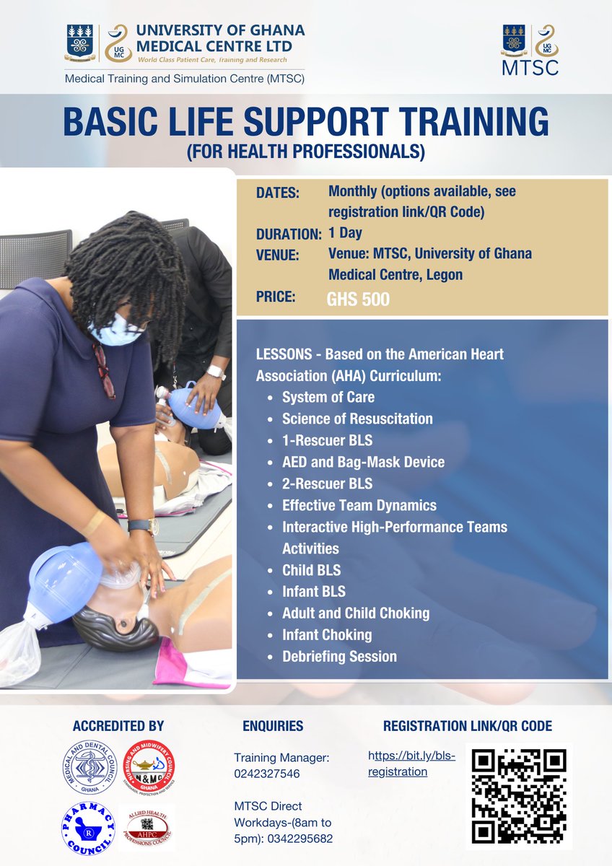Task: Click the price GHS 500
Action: [x=358, y=299]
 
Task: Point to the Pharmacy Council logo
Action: [x=88, y=827]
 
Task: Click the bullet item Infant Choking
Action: [x=327, y=635]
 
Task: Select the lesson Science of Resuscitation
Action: [x=357, y=419]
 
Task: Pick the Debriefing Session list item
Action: [x=339, y=657]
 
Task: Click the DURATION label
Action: [x=289, y=234]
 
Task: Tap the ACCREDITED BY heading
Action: [x=118, y=726]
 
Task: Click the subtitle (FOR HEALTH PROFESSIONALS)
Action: [x=305, y=152]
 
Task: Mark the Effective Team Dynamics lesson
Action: [x=359, y=505]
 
